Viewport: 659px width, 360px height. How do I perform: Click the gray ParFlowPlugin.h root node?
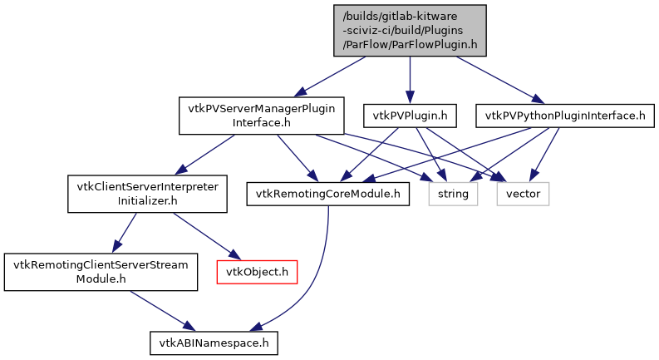pos(410,31)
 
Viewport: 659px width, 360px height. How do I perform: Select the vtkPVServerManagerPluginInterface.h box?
pos(261,116)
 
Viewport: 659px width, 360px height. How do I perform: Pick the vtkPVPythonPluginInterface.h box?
pos(561,115)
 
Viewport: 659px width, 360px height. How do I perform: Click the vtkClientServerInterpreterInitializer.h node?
pos(146,194)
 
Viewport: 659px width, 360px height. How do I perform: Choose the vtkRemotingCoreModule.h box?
pos(328,194)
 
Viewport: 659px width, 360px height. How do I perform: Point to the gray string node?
pos(454,194)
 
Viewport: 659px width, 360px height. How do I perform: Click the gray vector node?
pos(524,194)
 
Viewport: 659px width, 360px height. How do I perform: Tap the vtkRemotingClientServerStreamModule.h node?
pos(101,272)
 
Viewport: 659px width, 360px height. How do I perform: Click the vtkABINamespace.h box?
pos(213,342)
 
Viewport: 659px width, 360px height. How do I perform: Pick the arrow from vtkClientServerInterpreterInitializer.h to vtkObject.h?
pos(199,236)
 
